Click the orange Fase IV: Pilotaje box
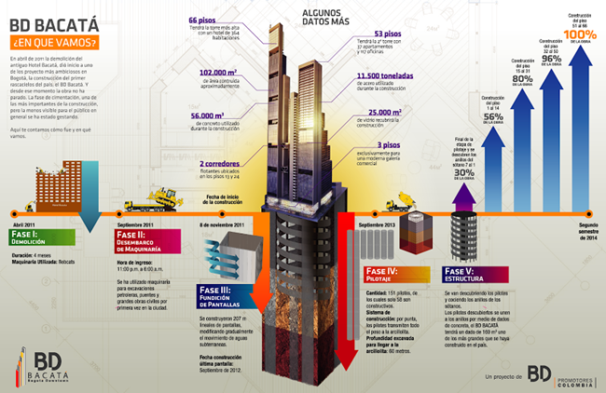[x=390, y=277]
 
